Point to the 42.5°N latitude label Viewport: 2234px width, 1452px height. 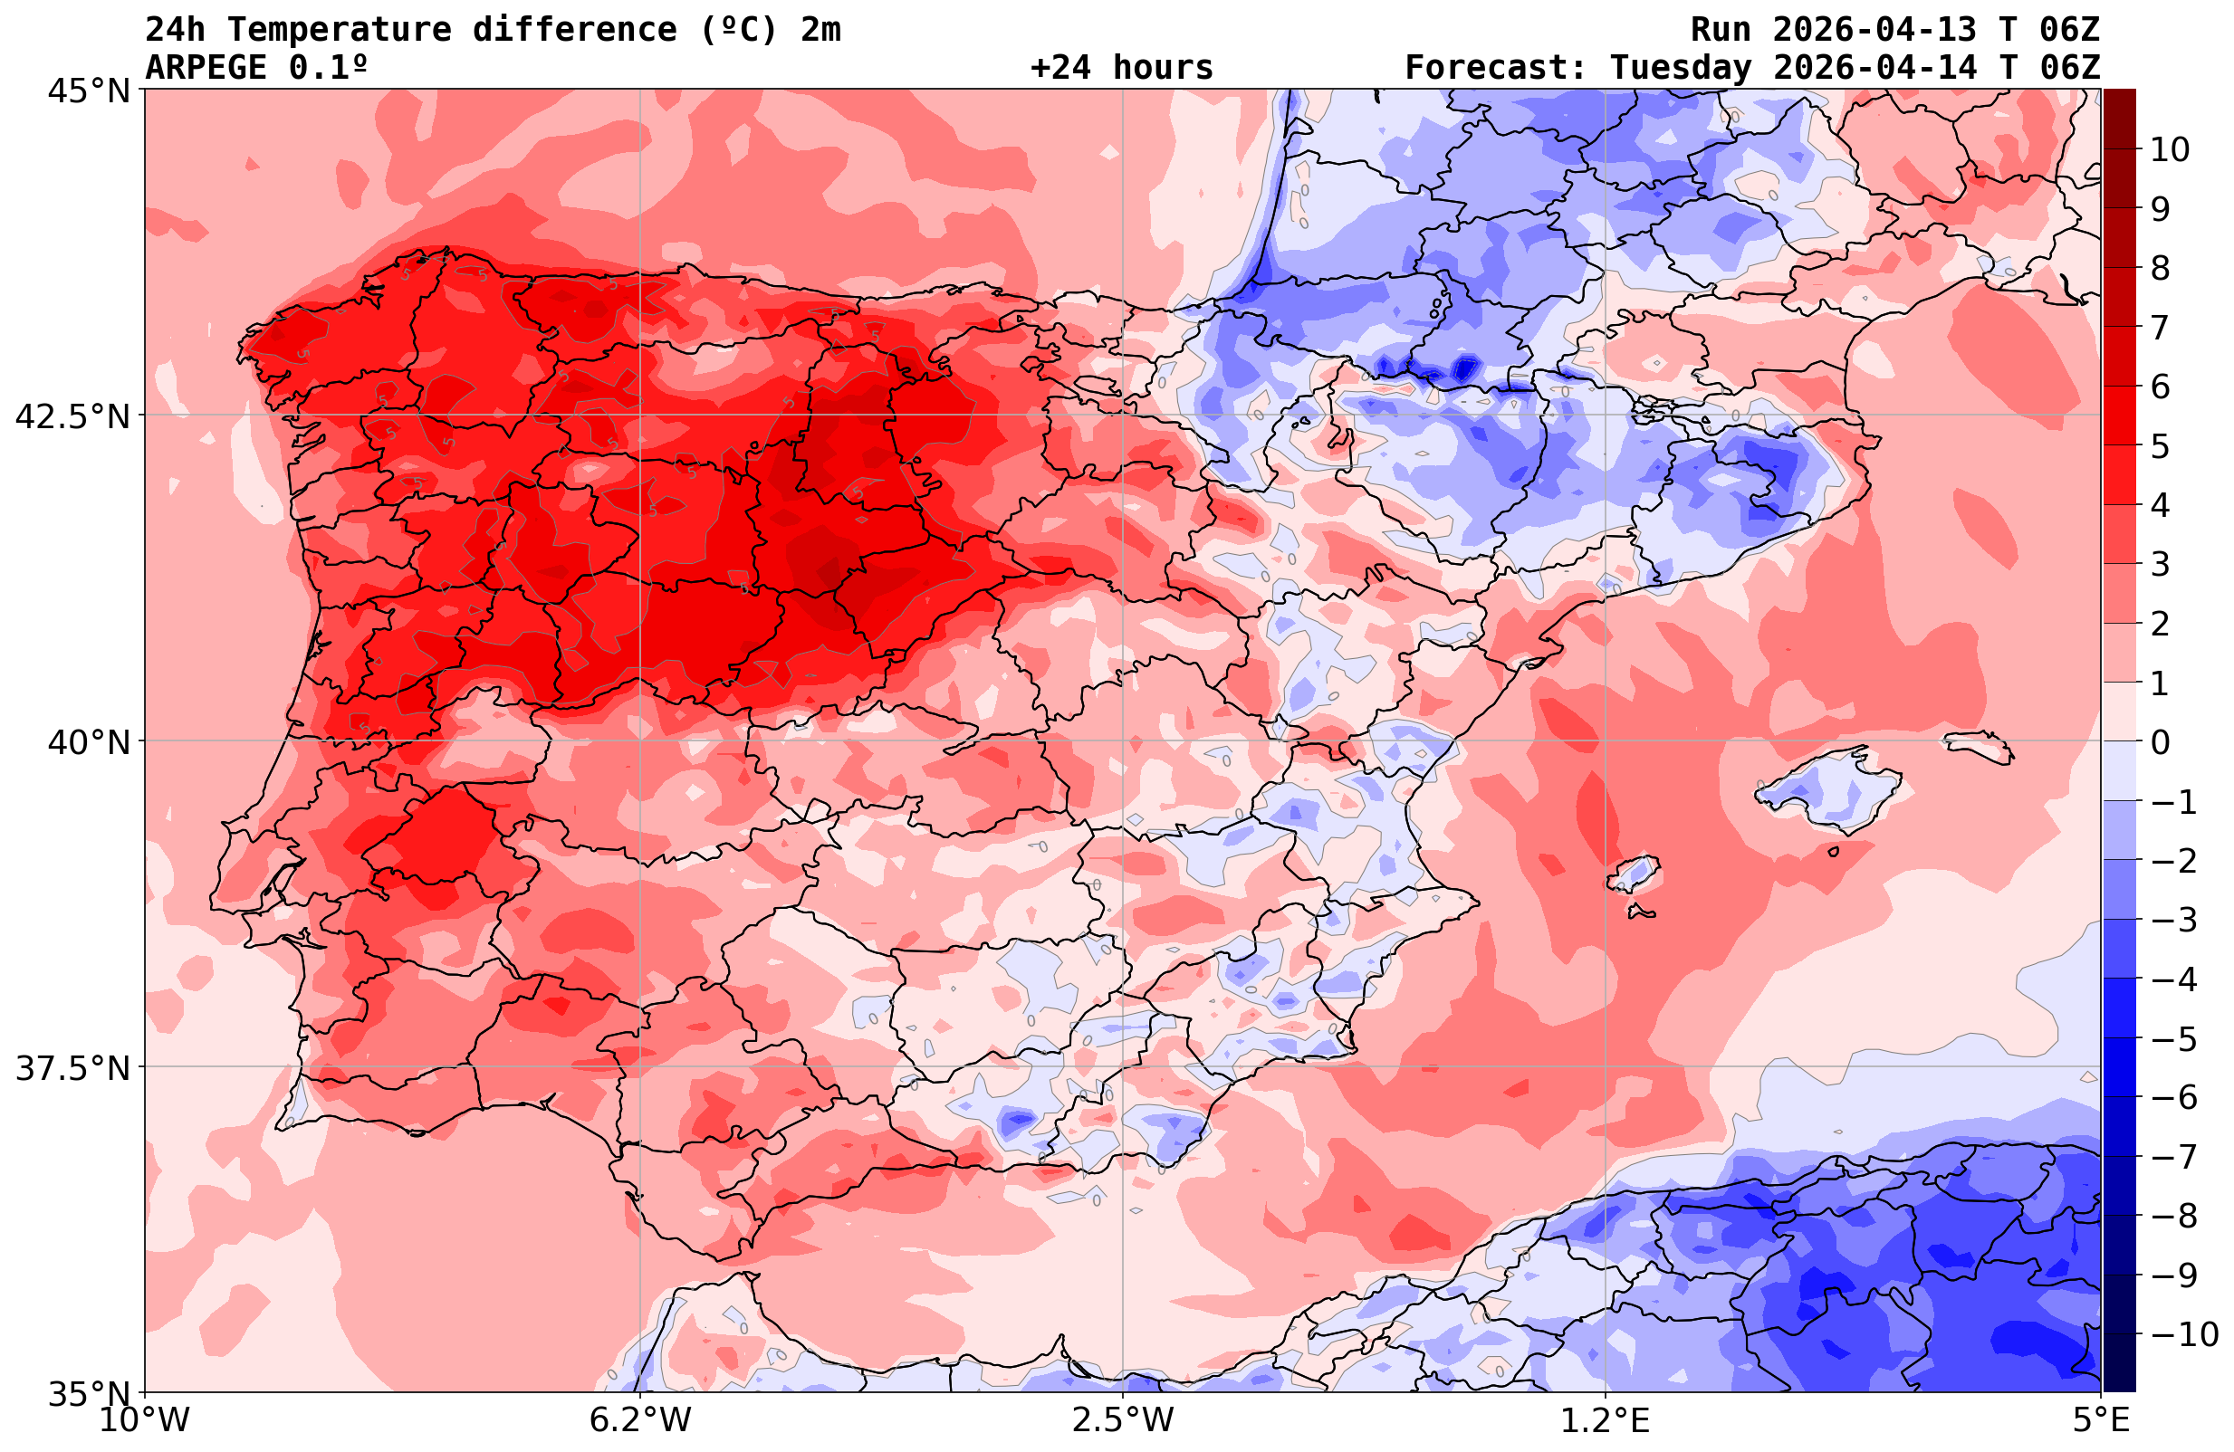(x=72, y=416)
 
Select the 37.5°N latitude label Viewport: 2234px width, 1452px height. (x=72, y=1069)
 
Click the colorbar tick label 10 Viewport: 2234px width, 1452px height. (x=2171, y=149)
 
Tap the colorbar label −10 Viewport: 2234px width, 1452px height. (x=2183, y=1333)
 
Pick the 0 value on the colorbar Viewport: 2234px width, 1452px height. (x=2160, y=742)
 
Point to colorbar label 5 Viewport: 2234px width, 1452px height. (x=2160, y=447)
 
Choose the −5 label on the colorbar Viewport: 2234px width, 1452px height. (x=2172, y=1039)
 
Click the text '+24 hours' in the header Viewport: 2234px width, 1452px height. (x=1122, y=68)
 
